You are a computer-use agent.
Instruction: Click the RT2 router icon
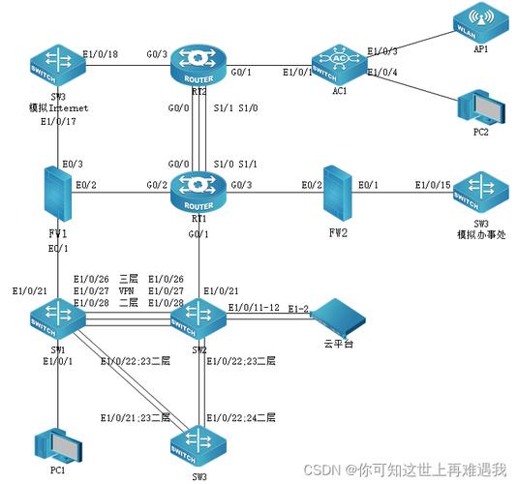(196, 64)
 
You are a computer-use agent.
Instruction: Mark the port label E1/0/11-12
(254, 308)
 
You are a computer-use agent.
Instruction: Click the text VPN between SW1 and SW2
(127, 290)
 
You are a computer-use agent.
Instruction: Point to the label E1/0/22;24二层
(241, 418)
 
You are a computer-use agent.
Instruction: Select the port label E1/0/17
(59, 123)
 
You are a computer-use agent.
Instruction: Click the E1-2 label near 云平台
(298, 308)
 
